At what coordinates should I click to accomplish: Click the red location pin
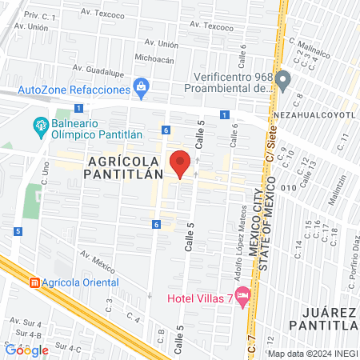(x=181, y=162)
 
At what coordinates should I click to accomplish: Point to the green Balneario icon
(x=39, y=124)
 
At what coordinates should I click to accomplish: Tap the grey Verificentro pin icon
(x=285, y=80)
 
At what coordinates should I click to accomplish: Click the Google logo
(x=26, y=350)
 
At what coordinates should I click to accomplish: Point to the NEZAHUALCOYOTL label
(x=321, y=114)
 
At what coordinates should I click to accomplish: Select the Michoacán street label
(x=155, y=58)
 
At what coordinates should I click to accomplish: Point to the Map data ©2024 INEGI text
(x=312, y=353)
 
